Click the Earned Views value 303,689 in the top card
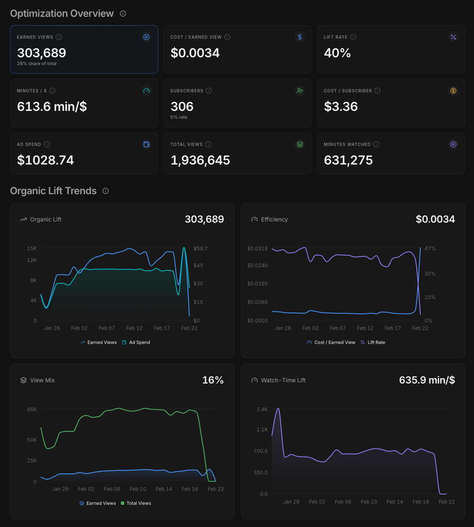point(42,53)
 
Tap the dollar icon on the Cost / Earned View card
point(300,37)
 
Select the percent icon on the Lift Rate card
point(453,37)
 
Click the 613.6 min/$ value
point(52,106)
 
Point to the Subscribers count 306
point(182,106)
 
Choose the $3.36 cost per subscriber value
point(340,106)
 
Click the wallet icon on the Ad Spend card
point(146,145)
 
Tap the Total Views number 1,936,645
point(200,160)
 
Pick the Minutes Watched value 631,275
point(348,160)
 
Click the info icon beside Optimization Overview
point(123,14)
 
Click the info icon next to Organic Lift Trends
point(106,191)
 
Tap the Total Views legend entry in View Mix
point(136,503)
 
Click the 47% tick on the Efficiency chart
point(430,248)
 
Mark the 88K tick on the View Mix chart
point(32,409)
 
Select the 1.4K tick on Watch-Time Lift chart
point(262,409)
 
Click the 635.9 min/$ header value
point(427,380)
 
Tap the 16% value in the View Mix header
point(213,380)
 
